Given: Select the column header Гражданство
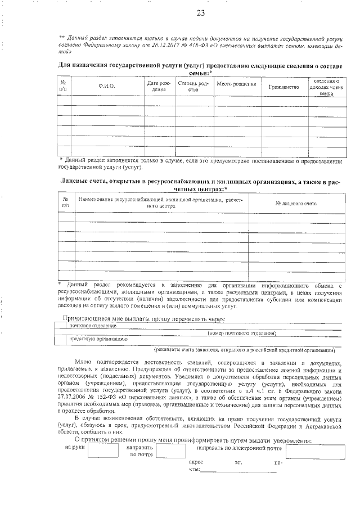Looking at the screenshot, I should pyautogui.click(x=283, y=87).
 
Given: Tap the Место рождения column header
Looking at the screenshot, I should pyautogui.click(x=236, y=84).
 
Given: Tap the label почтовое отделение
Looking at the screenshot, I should pyautogui.click(x=85, y=326).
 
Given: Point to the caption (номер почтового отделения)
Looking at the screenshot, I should pyautogui.click(x=241, y=334).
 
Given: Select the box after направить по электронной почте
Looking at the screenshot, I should pyautogui.click(x=313, y=436).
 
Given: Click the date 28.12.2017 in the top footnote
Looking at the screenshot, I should pyautogui.click(x=155, y=43).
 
